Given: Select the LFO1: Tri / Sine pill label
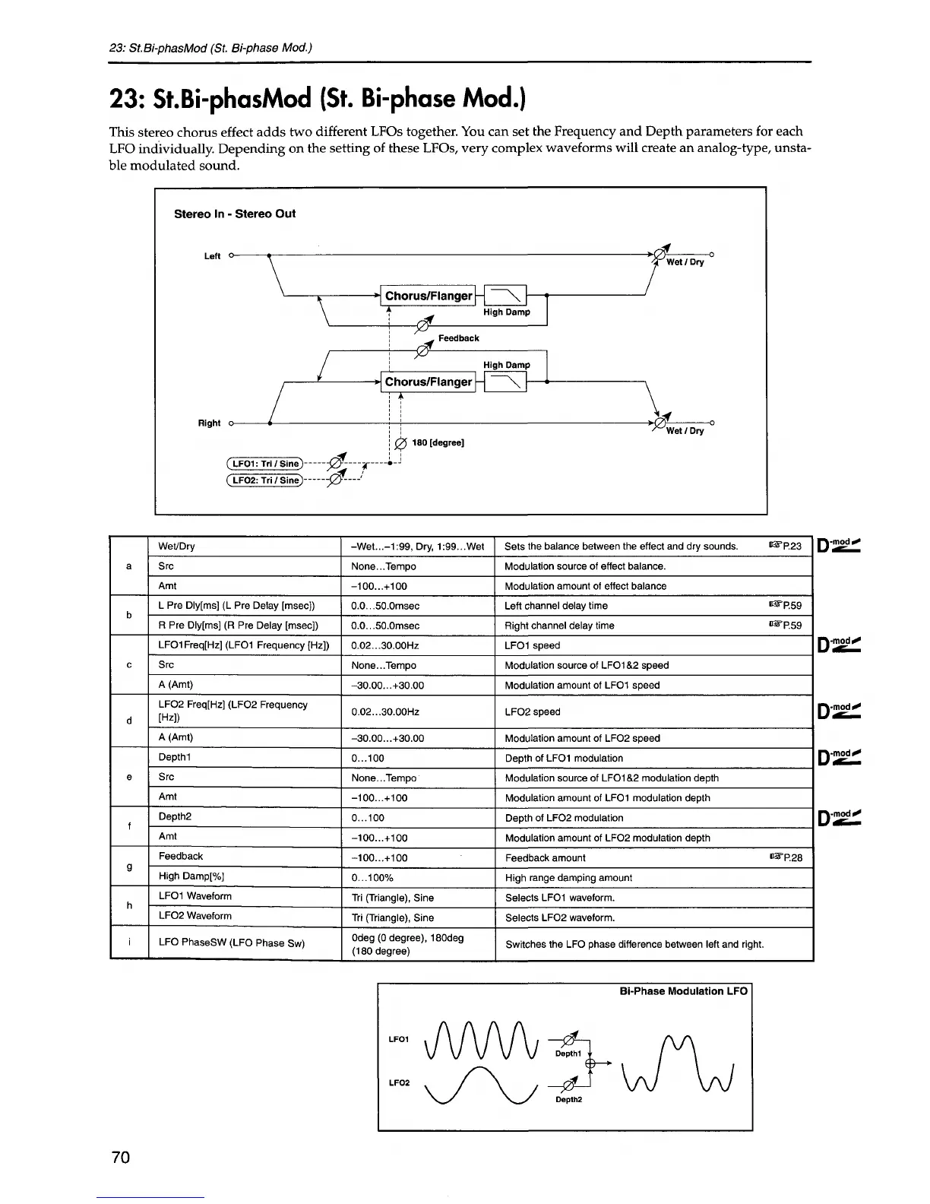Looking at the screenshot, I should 265,464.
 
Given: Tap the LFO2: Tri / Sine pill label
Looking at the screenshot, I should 265,480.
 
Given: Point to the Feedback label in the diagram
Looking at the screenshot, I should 459,338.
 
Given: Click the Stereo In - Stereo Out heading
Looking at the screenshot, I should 235,214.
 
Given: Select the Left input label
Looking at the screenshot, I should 212,256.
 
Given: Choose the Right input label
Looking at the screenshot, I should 209,423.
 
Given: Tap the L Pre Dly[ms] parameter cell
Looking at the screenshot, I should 236,606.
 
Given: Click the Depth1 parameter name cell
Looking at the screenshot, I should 174,758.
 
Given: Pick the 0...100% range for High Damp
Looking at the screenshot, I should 372,878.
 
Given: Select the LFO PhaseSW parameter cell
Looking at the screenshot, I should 232,943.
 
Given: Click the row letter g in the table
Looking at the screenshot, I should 129,867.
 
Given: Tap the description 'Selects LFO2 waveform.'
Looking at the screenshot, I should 560,917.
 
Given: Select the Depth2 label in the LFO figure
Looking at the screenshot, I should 568,1100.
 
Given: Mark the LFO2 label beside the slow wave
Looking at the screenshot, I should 400,1082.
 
